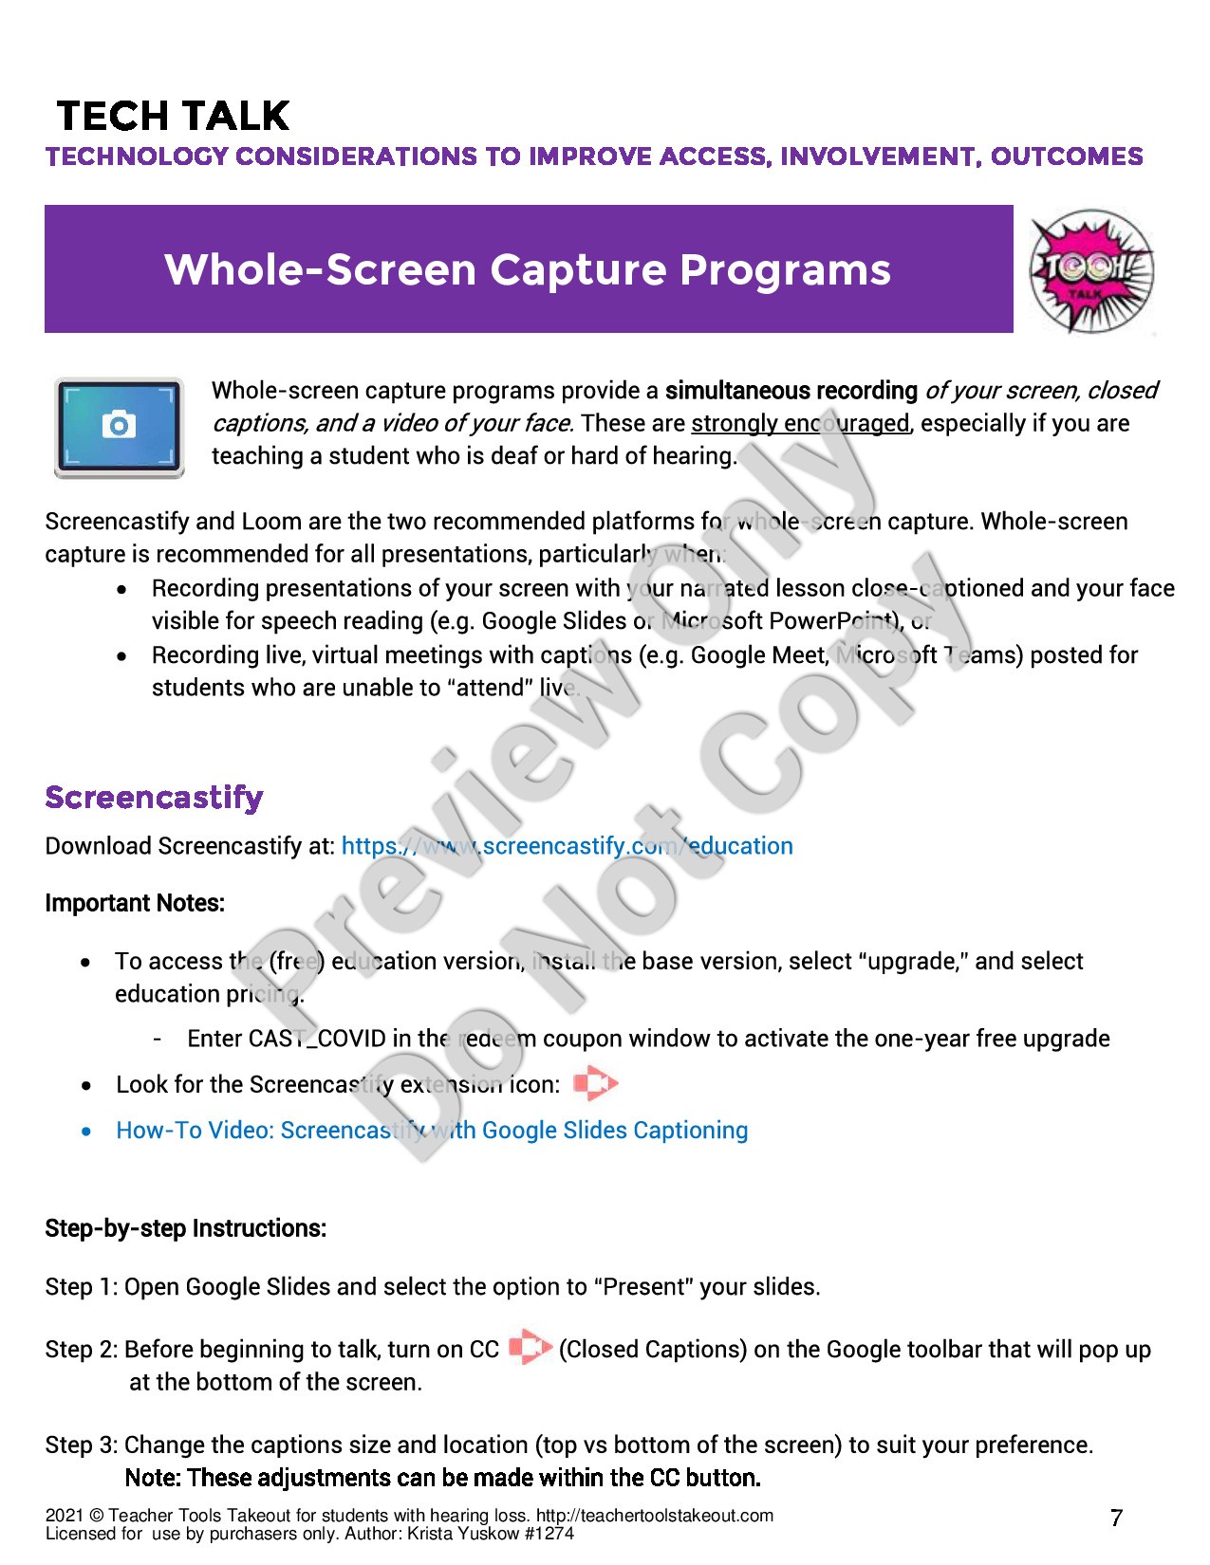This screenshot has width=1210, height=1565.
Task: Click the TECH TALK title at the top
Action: [173, 116]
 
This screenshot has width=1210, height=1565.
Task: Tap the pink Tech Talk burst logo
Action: [1091, 271]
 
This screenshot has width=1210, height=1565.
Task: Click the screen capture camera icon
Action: [119, 427]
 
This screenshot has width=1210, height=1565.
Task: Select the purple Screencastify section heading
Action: [154, 798]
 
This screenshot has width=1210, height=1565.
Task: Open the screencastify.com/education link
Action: [567, 846]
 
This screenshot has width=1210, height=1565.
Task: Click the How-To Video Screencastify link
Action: [432, 1131]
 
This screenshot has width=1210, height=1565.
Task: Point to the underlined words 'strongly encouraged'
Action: [800, 423]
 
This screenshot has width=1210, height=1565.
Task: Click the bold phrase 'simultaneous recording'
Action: [791, 391]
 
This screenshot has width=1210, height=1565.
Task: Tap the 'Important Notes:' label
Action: [135, 903]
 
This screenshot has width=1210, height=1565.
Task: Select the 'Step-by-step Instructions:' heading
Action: [186, 1228]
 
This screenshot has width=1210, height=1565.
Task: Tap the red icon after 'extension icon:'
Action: [595, 1083]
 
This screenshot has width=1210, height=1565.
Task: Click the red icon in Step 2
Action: [530, 1348]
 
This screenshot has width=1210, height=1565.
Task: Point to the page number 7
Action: [1116, 1518]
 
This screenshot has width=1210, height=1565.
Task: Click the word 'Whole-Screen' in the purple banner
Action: [320, 269]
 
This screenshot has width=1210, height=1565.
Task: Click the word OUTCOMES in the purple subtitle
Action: [1067, 156]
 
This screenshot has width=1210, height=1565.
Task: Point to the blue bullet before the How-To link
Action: [86, 1131]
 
